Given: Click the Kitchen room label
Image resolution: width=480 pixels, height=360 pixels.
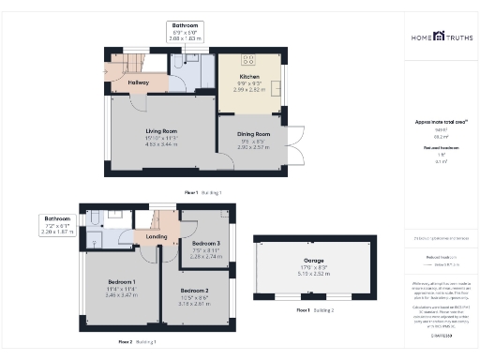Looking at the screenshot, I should point(249,77).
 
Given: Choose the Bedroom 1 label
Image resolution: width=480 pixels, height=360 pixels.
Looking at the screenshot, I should point(121,282).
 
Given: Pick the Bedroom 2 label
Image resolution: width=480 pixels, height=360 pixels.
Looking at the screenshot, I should point(194,290).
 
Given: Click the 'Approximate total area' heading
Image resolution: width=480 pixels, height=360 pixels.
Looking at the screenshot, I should point(434,122).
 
